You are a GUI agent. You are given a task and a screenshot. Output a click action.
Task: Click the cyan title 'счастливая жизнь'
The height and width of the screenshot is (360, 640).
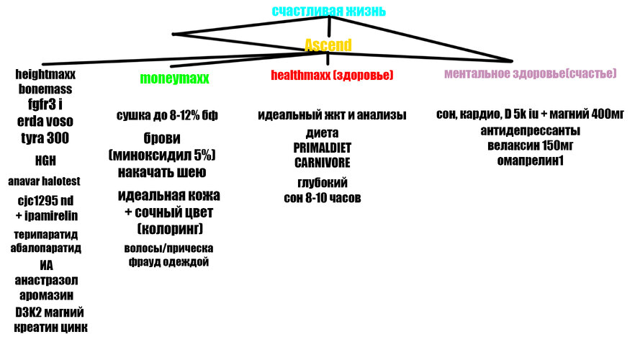(x=328, y=11)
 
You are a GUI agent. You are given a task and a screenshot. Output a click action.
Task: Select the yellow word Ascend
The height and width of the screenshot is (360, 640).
(x=328, y=45)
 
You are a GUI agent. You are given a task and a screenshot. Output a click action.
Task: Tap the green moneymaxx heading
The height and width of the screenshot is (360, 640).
(x=174, y=78)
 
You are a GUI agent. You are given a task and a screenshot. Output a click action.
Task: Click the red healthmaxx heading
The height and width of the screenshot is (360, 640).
(x=332, y=75)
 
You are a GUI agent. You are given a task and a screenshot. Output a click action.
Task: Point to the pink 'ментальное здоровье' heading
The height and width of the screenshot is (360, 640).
(x=530, y=73)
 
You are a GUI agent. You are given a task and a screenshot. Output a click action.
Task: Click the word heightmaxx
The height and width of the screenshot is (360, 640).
(x=45, y=74)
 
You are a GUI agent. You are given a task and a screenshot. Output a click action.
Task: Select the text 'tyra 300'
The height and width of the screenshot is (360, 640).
(x=45, y=138)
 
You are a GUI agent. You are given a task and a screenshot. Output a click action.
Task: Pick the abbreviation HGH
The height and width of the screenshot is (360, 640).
(x=45, y=161)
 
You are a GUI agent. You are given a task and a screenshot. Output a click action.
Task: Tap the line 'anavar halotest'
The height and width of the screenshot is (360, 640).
(x=44, y=181)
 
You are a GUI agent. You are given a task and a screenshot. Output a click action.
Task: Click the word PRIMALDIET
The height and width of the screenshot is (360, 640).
(x=322, y=148)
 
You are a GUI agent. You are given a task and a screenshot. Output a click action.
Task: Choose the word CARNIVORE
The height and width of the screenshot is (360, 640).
(x=322, y=163)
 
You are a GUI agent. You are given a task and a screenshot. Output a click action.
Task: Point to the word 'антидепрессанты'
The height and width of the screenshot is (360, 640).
(x=530, y=130)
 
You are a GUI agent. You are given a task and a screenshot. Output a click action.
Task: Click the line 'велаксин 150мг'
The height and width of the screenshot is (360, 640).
(x=530, y=145)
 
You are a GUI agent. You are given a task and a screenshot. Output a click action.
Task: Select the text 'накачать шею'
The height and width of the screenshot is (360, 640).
(x=162, y=172)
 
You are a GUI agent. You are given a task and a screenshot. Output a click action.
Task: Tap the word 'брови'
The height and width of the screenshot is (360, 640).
(x=162, y=138)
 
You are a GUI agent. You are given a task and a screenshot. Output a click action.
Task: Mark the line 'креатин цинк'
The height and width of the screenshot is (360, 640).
(x=50, y=328)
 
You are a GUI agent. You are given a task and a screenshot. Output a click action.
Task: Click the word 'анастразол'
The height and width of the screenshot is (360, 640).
(x=46, y=280)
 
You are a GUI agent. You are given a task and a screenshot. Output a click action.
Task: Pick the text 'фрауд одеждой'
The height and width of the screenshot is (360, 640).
(x=168, y=261)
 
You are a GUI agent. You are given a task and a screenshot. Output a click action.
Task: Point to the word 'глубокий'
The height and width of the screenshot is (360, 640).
(x=323, y=183)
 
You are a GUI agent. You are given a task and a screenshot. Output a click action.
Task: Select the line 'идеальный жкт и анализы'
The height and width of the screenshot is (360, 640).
(x=332, y=115)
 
